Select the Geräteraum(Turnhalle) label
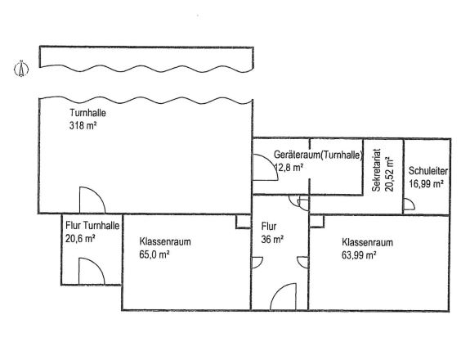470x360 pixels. [x=318, y=155]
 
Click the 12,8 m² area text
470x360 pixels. [x=289, y=167]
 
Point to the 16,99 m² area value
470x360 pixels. [x=426, y=185]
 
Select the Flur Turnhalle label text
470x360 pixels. [x=92, y=226]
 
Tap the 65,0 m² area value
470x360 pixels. [x=154, y=255]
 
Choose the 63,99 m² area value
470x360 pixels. [x=360, y=255]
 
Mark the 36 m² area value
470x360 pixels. [x=272, y=239]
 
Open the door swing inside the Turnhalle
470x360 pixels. [x=90, y=200]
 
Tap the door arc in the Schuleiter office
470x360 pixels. [x=409, y=207]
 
